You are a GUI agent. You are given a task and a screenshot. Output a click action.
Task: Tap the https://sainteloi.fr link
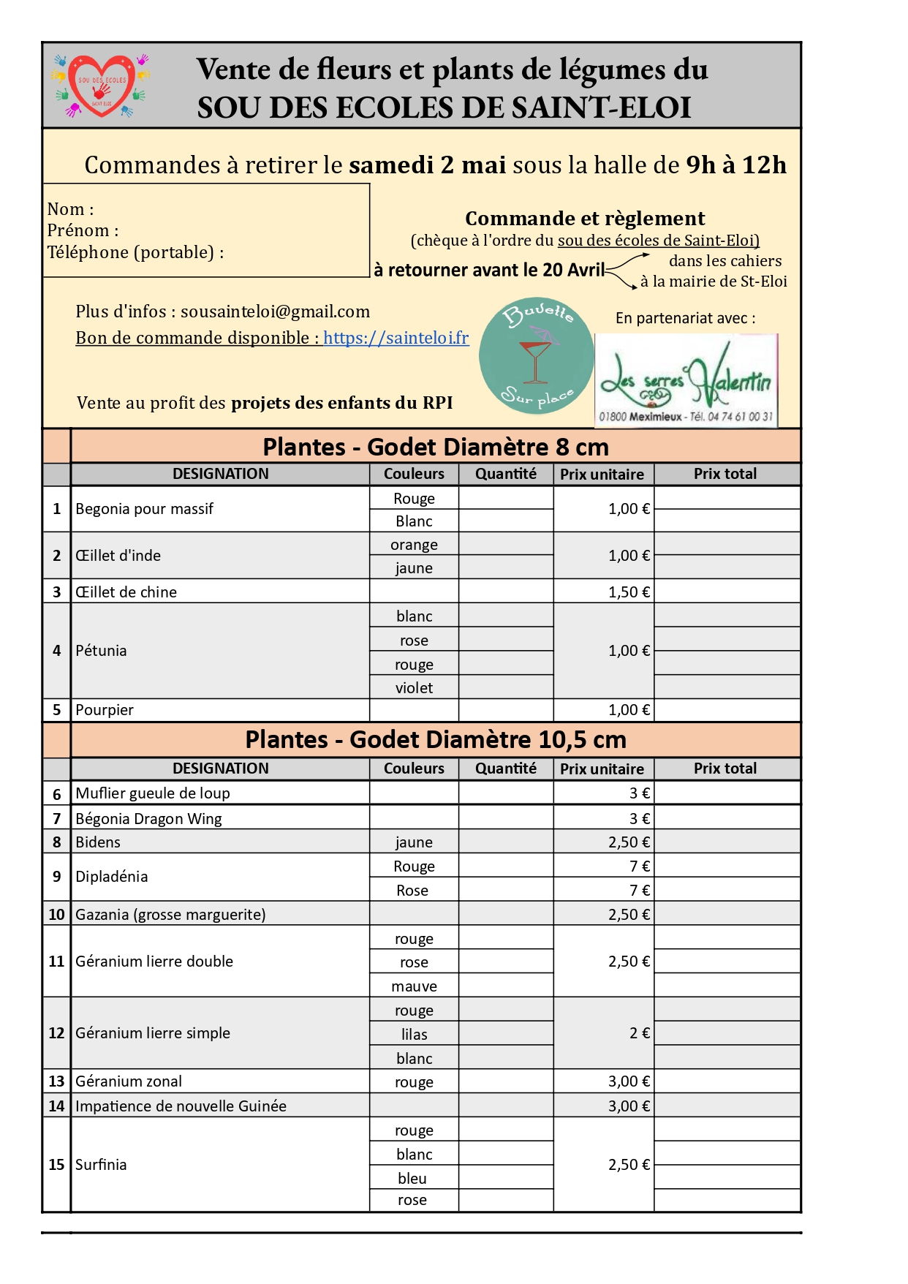coord(396,338)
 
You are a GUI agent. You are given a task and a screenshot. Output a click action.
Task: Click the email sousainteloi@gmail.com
coord(275,311)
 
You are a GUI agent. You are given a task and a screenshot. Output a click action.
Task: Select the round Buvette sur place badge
coord(536,355)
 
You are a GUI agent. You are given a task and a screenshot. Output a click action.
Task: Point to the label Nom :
coord(70,209)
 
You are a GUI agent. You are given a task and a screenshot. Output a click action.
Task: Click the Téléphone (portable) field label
coord(135,252)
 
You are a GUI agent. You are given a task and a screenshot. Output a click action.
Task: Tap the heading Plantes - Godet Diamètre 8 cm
coord(435,447)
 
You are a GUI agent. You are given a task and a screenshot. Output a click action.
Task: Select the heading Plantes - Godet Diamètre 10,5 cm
coord(435,739)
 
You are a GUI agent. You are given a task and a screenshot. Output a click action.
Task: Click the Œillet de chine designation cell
coord(126,592)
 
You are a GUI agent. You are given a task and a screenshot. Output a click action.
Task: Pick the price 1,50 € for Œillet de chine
coord(629,592)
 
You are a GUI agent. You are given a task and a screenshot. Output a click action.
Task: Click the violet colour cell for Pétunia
coord(414,687)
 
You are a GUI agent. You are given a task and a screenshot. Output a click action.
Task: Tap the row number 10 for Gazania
coord(56,914)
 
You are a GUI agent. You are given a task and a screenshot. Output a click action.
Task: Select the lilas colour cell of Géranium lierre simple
coord(414,1034)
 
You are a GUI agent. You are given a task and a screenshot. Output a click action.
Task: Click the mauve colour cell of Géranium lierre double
coord(414,986)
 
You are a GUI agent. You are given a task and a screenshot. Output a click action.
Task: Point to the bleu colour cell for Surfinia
coord(412,1178)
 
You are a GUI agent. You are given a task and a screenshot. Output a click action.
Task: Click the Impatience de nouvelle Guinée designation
coord(181,1106)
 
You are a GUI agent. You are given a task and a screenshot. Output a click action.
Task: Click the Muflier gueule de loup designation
coord(153,793)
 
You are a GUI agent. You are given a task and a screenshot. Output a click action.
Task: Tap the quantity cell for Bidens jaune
coord(506,842)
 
